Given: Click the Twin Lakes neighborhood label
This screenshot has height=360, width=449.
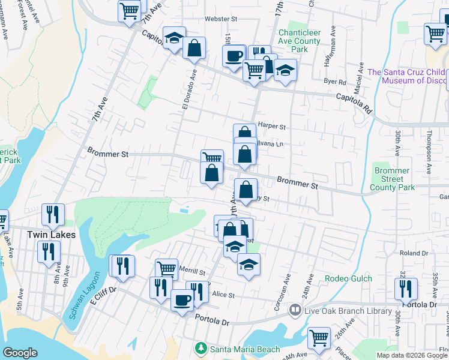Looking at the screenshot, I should click(51, 235).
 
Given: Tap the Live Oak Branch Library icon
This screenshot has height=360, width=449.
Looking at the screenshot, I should click(295, 310).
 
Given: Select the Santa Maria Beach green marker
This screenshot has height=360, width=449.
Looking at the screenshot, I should click(201, 349).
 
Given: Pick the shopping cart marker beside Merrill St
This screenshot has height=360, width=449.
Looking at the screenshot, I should click(166, 268).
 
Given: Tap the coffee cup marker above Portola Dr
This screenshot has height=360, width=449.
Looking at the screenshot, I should click(181, 299).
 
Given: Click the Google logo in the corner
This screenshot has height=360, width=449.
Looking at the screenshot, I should click(20, 353).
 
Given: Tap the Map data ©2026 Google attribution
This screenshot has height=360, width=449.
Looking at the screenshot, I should click(412, 355).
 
